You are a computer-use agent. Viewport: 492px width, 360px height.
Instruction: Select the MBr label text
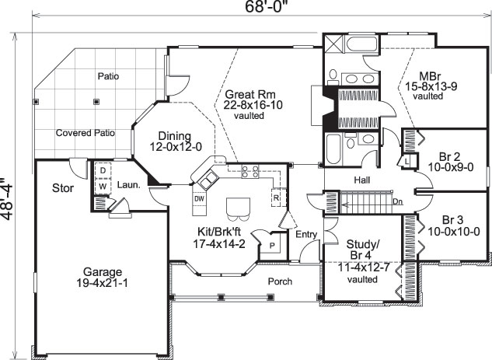tap(428, 75)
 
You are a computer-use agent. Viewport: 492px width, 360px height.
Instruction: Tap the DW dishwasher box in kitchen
tap(199, 199)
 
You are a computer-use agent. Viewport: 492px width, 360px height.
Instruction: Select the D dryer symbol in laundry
tap(102, 171)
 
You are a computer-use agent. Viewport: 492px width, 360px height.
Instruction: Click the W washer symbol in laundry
tap(102, 186)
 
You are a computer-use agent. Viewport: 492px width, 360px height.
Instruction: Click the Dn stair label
tap(398, 201)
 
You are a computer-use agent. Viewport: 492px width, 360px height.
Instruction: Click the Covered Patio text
tap(85, 133)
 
